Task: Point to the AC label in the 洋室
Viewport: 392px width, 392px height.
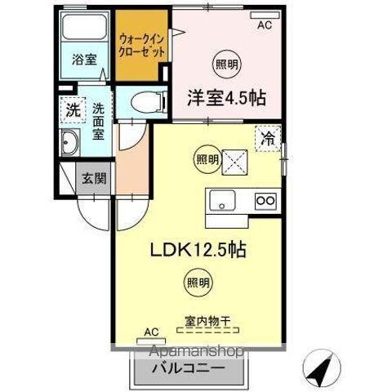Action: pos(264,25)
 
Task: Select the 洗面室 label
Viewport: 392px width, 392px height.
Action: pos(99,119)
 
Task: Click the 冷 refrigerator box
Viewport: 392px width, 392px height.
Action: pos(268,138)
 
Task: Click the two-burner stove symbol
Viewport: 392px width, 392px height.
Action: pos(265,200)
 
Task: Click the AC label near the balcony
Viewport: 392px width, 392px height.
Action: pos(149,331)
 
